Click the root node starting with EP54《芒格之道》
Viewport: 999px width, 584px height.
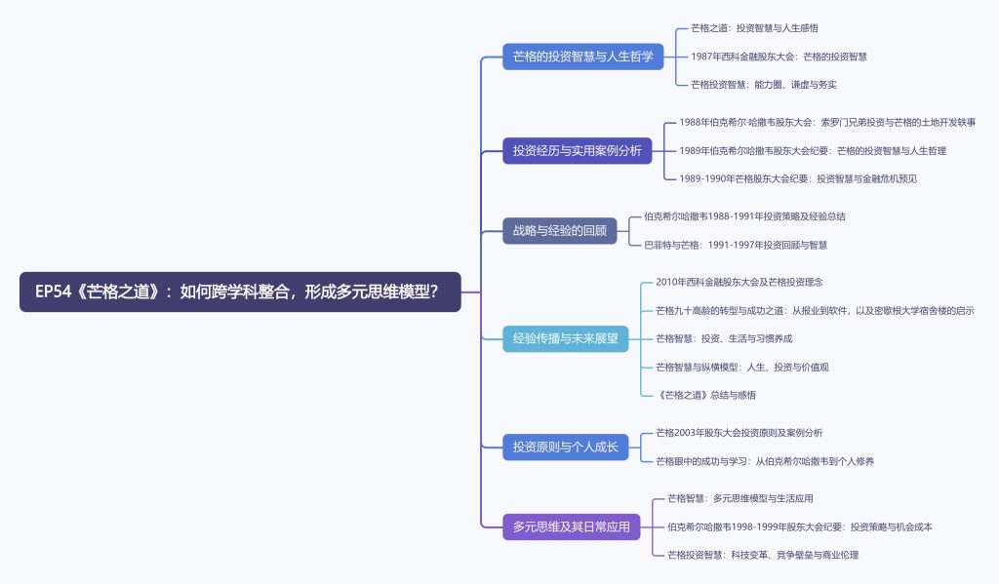240,292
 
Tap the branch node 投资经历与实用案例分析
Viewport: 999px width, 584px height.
577,150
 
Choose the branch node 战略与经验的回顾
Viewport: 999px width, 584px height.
559,231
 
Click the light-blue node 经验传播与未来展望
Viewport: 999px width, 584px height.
565,338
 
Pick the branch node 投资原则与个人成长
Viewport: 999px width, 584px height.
565,447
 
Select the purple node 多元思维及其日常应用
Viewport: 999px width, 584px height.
571,526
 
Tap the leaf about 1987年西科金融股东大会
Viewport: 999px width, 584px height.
779,57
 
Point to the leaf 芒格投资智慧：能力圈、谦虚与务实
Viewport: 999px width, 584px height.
763,85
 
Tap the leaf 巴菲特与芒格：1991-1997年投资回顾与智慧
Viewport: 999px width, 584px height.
735,245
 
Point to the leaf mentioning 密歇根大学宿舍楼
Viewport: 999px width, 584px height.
815,310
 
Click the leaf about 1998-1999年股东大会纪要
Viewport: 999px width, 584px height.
800,526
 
